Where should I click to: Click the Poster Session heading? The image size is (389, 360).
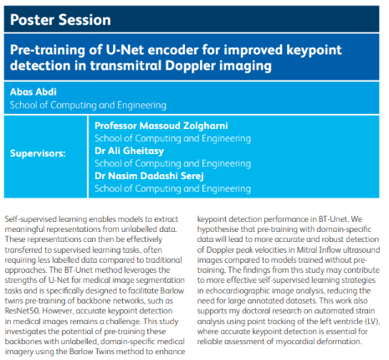60,20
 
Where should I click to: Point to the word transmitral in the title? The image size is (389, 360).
125,65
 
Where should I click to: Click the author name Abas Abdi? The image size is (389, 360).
33,91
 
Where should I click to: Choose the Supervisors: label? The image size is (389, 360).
38,153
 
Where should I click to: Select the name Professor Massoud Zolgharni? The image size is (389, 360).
161,126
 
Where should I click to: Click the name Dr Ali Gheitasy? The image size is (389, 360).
129,151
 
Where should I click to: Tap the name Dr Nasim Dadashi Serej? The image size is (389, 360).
149,176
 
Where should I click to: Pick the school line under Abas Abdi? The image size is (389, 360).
88,105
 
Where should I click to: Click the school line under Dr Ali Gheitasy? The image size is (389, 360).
172,163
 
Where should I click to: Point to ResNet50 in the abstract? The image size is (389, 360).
23,311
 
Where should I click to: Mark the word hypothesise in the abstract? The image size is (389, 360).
218,229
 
